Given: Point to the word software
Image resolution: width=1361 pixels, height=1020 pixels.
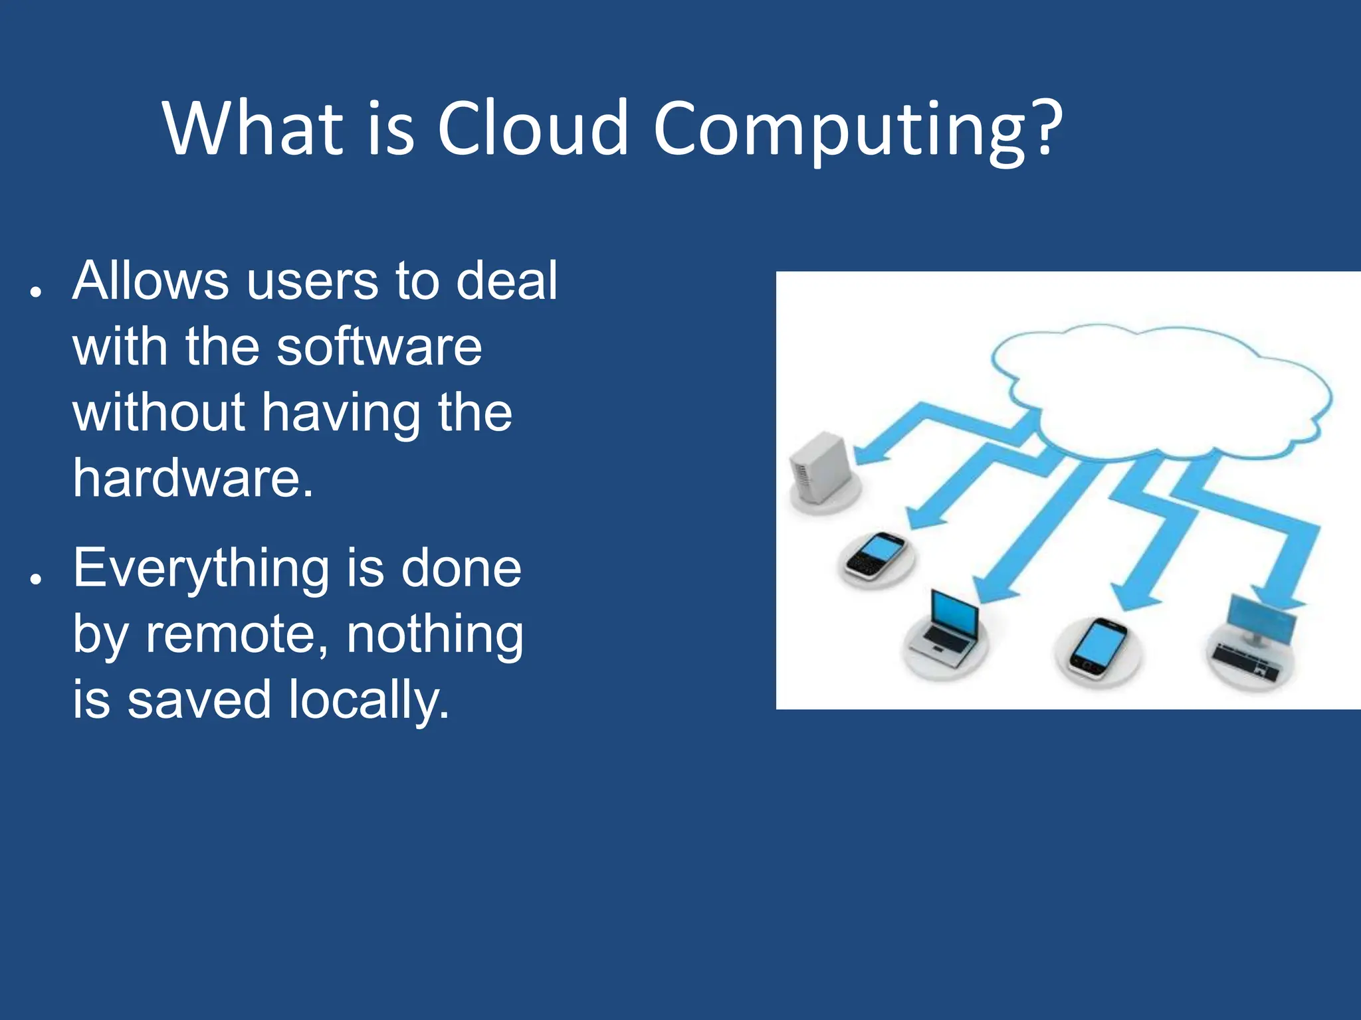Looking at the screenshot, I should pos(379,347).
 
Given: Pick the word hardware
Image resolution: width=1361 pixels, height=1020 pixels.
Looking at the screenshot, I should pos(193,477).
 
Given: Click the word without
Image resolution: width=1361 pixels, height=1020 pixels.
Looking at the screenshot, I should pos(159,412).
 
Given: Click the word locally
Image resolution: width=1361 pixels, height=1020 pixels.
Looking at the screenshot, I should pos(369,701).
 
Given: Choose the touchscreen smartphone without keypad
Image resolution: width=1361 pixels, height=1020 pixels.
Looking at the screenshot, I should pos(1097,648).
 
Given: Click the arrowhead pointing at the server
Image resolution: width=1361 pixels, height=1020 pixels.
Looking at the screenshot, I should pos(871,455).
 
